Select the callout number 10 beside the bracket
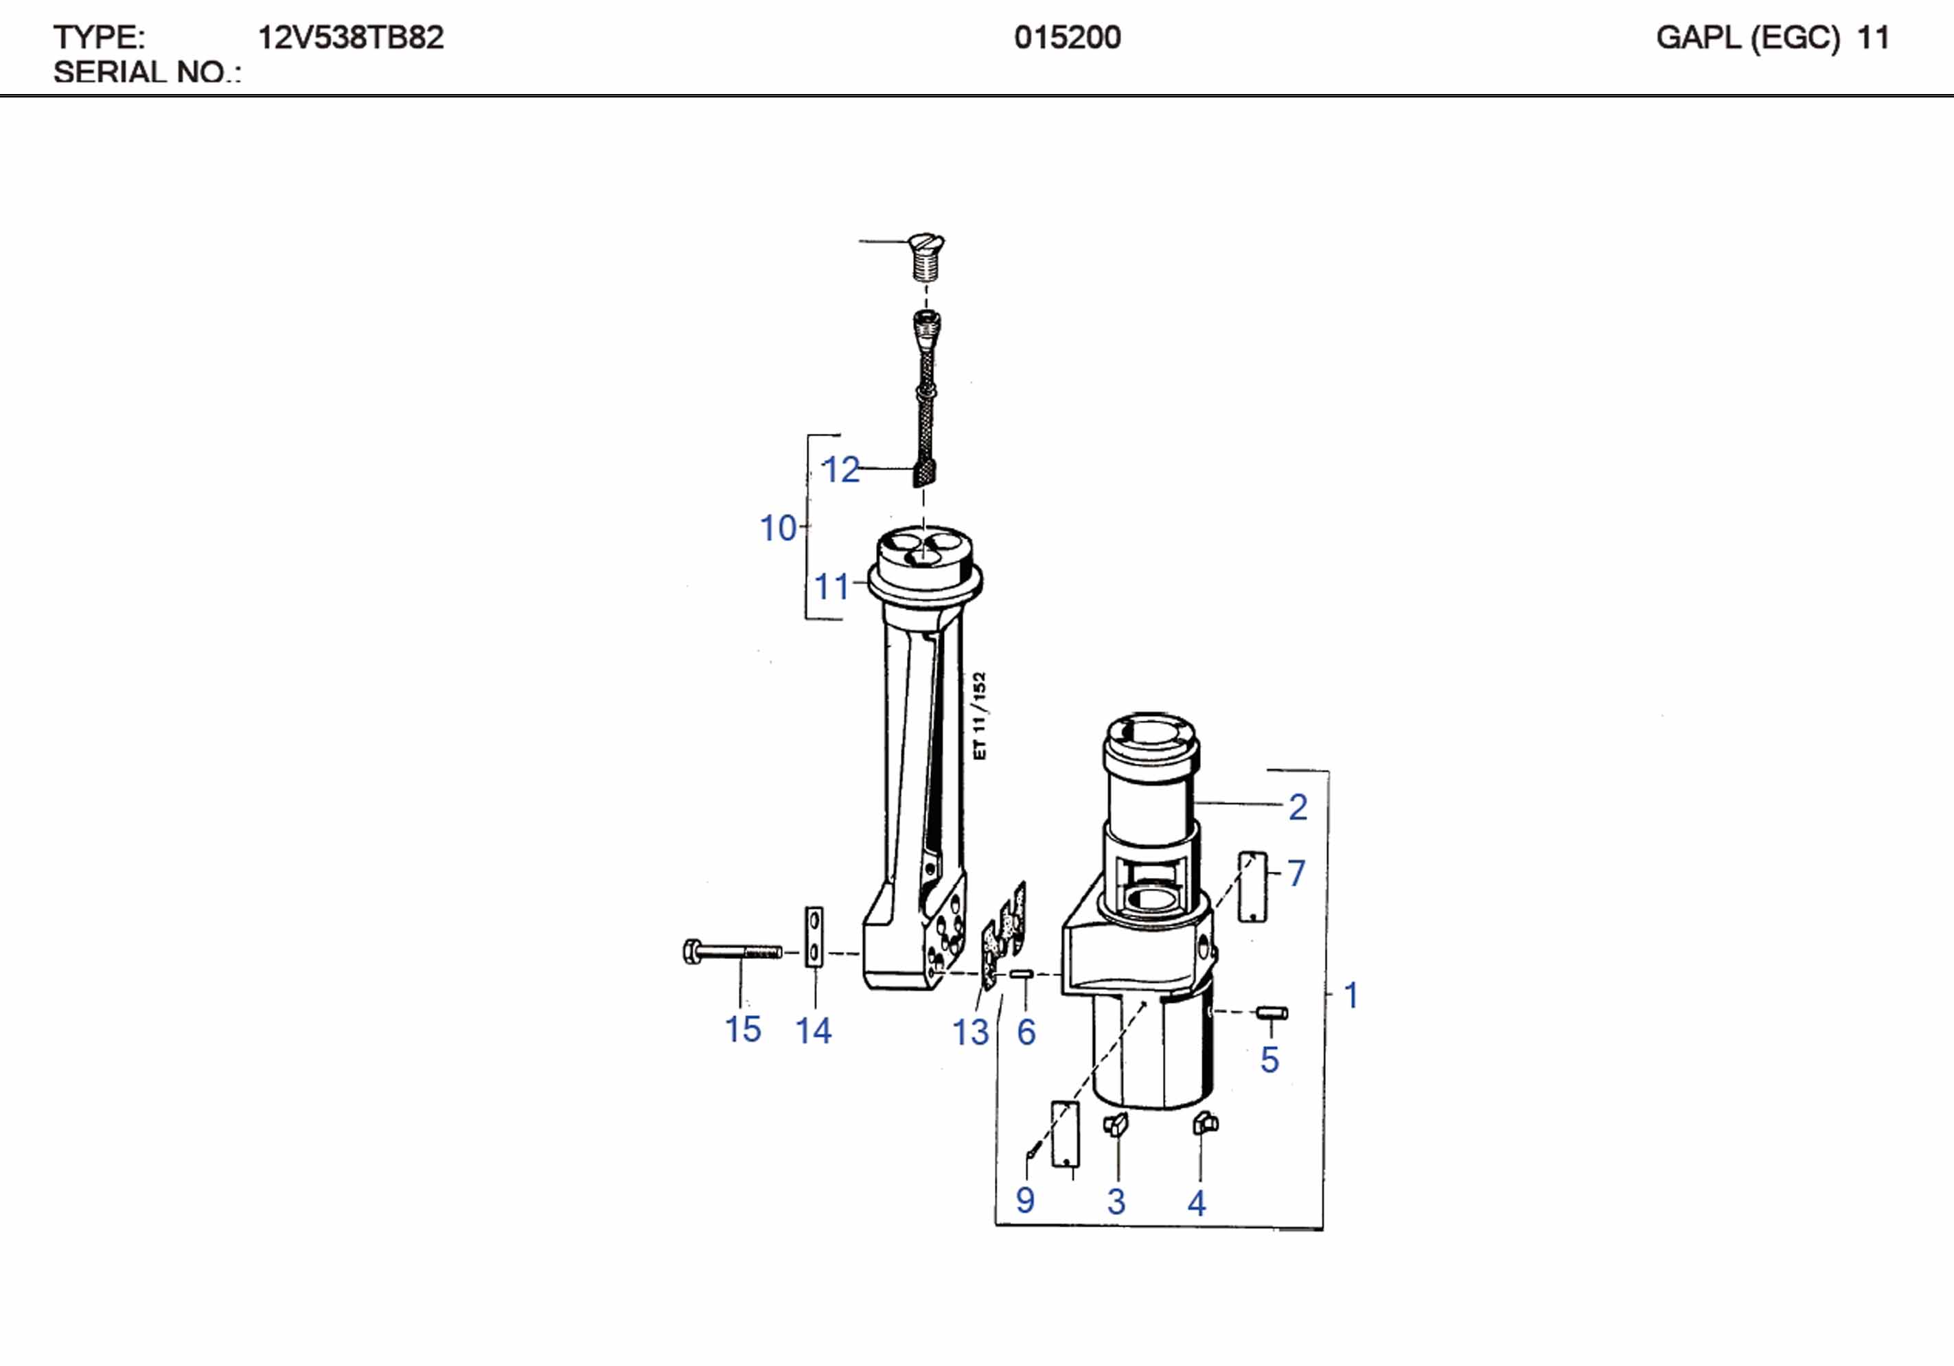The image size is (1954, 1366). (778, 529)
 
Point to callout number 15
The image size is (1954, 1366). (742, 1029)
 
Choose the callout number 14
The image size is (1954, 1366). (813, 1030)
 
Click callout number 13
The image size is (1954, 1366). (970, 1032)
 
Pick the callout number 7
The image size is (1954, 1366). (1296, 873)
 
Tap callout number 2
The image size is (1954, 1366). (1298, 807)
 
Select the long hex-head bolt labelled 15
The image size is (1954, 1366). (732, 951)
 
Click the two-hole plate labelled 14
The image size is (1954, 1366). (814, 937)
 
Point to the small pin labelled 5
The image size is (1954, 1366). (1272, 1012)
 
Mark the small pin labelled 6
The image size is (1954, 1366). (1021, 973)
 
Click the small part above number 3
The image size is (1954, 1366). (1116, 1124)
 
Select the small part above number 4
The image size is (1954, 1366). (1204, 1124)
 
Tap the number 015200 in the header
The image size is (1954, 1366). (1067, 38)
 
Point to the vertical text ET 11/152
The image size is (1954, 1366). (980, 716)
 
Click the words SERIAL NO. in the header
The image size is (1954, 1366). (146, 72)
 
